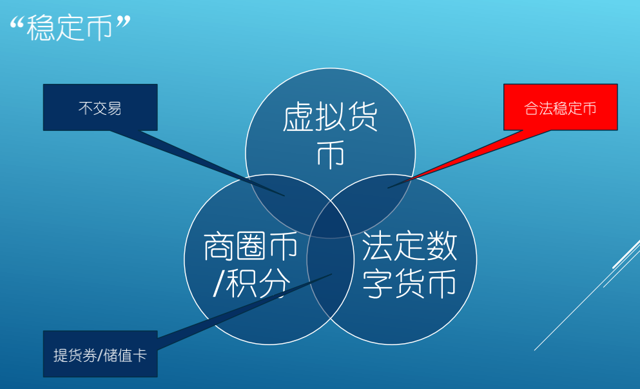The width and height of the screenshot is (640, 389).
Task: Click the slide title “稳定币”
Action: (x=70, y=28)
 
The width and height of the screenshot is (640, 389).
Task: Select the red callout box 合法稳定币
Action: (x=561, y=108)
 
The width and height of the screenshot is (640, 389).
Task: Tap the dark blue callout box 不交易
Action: (x=101, y=108)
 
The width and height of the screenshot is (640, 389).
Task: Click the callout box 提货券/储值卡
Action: (x=101, y=354)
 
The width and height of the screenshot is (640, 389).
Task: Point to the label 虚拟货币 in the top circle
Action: (x=330, y=135)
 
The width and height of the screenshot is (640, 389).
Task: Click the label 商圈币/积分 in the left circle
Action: (x=251, y=264)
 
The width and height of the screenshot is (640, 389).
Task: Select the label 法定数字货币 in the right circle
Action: (x=409, y=264)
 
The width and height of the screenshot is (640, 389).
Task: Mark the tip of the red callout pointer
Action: (x=388, y=188)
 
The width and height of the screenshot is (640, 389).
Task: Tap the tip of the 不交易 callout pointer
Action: (x=284, y=196)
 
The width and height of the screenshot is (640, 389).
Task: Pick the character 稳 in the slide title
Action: (x=41, y=28)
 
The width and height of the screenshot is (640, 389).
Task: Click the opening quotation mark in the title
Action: (x=17, y=24)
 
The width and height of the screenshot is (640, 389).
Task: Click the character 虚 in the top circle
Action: (x=298, y=117)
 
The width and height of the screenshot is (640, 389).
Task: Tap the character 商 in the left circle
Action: (x=218, y=246)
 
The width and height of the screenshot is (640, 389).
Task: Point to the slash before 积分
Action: (x=218, y=283)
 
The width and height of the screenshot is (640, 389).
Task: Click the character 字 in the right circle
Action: (x=378, y=284)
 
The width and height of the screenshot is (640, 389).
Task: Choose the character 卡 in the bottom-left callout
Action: (x=139, y=355)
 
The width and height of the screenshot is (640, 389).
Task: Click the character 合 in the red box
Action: (x=532, y=108)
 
